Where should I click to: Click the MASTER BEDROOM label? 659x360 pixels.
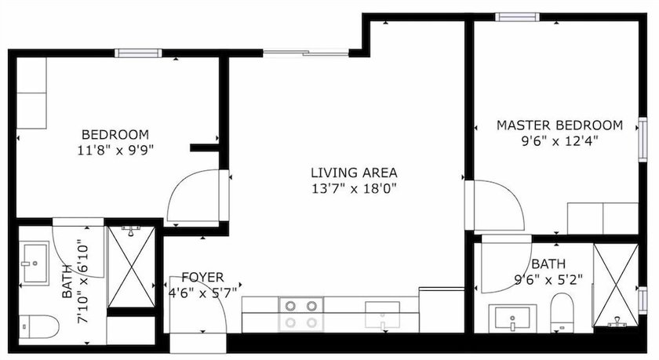(559, 125)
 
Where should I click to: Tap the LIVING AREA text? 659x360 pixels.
(354, 173)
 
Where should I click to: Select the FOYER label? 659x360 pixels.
(202, 277)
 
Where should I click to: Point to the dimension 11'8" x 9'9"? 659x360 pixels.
(115, 150)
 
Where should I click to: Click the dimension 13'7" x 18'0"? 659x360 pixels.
(354, 188)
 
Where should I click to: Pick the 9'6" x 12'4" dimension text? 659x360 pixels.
(559, 141)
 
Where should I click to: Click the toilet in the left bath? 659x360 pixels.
(39, 326)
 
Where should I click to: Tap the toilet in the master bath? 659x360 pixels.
(562, 312)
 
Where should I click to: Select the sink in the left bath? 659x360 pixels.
(36, 263)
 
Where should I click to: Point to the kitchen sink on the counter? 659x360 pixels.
(382, 315)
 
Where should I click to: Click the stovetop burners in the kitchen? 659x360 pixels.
(300, 314)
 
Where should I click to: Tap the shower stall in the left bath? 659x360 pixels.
(132, 267)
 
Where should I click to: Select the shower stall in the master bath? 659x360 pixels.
(616, 285)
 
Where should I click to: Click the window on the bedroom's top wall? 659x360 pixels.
(138, 53)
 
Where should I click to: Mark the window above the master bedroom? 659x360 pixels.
(517, 16)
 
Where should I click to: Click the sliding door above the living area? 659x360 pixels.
(306, 53)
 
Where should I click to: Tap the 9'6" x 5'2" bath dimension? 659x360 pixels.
(548, 280)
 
